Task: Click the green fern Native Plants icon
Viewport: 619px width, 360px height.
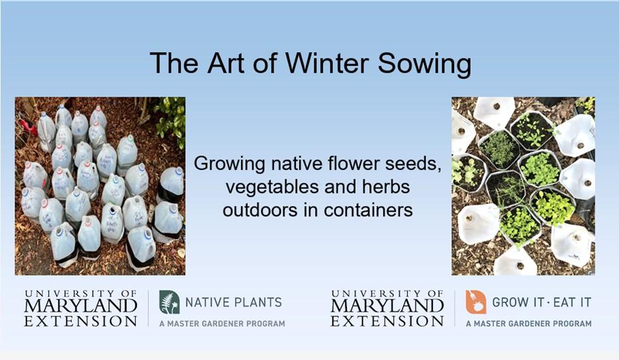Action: point(169,302)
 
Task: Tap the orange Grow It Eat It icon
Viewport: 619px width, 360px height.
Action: point(475,302)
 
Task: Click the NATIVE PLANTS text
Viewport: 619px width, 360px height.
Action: point(233,302)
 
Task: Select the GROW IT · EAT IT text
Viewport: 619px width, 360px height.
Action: point(542,302)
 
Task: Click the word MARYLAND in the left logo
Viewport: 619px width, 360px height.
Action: point(81,306)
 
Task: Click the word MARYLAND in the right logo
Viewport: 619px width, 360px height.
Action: point(387,306)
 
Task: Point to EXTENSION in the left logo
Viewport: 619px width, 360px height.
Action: point(81,321)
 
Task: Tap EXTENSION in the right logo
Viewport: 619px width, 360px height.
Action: point(387,321)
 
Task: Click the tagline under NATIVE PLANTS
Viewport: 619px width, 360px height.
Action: point(222,324)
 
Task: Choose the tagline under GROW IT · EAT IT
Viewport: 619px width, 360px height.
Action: point(528,324)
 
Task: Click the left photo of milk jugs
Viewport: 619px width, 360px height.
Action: point(100,186)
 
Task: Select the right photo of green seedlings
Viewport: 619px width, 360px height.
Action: point(523,186)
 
